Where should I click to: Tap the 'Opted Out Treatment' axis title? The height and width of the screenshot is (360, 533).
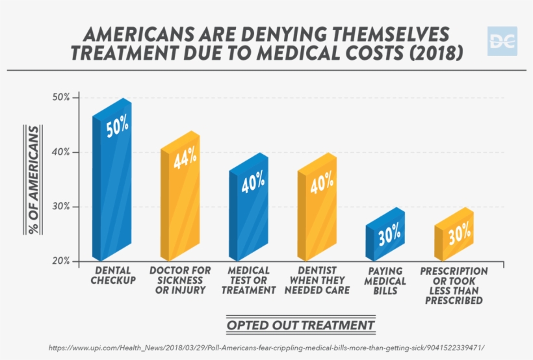pos(300,325)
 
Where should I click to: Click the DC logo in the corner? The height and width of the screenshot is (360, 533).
pos(502,41)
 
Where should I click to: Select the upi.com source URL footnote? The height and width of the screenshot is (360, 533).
pos(266,348)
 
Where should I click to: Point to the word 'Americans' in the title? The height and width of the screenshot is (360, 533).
pos(137,34)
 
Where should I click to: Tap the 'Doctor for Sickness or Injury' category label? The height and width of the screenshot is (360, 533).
pos(180,280)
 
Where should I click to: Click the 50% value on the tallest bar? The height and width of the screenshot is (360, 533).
pos(117,127)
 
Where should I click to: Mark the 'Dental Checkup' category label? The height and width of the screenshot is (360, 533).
pos(115,276)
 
